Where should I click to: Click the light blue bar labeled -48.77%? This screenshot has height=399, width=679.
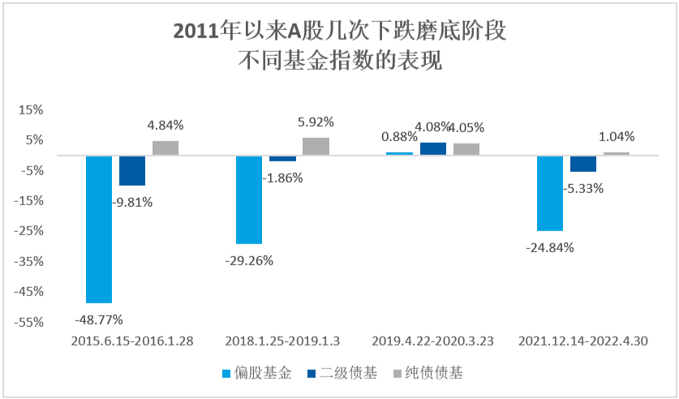(x=99, y=229)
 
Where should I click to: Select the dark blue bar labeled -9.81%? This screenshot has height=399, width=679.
(x=132, y=170)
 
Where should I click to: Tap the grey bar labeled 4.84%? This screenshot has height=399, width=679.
(x=165, y=148)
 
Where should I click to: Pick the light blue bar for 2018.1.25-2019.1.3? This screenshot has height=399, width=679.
(x=249, y=199)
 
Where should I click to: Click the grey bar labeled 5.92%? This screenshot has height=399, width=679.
(x=316, y=146)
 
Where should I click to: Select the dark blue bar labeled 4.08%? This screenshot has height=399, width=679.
(x=432, y=148)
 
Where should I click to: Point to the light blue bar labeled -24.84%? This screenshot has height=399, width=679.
(x=549, y=193)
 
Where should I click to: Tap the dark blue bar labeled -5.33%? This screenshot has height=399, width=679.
(x=582, y=163)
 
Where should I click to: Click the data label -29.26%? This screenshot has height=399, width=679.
(x=250, y=260)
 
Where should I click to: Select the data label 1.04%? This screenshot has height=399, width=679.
(x=617, y=136)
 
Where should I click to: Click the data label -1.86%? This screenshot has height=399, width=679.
(x=282, y=178)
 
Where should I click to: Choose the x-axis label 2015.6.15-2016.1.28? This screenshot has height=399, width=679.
(x=132, y=341)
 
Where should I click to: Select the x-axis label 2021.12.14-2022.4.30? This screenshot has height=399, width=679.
(x=582, y=341)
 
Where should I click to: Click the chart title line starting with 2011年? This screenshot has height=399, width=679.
(x=339, y=32)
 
